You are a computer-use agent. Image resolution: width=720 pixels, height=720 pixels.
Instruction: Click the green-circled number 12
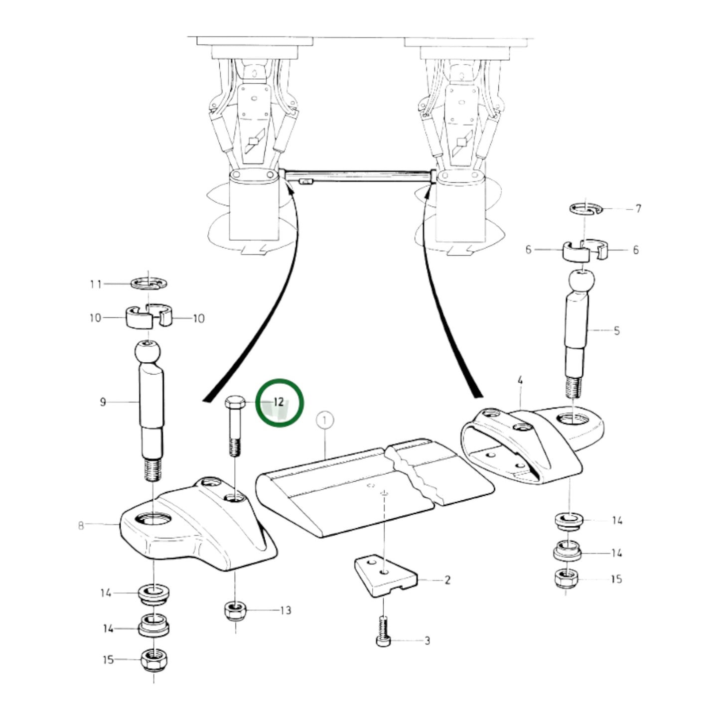click(x=279, y=402)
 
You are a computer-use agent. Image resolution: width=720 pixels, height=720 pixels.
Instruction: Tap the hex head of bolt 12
click(x=235, y=403)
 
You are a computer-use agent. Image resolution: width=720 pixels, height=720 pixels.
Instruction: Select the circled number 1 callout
click(x=325, y=421)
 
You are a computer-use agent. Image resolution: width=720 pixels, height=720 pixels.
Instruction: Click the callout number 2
click(x=447, y=580)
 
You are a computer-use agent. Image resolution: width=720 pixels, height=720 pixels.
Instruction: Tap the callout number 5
click(x=616, y=331)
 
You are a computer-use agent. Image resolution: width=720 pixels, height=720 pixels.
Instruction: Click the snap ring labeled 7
click(x=586, y=208)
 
